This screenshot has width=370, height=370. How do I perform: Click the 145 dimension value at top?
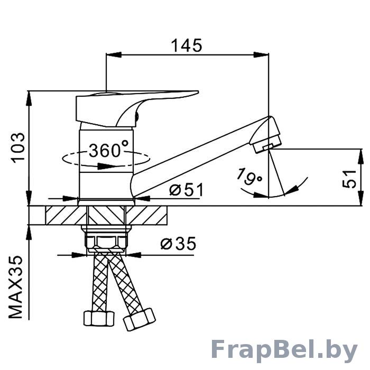[x=187, y=45]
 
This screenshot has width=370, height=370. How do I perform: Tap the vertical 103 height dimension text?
[x=18, y=147]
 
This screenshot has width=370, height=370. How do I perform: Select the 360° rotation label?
[x=109, y=149]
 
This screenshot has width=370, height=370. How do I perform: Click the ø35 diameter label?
[x=178, y=244]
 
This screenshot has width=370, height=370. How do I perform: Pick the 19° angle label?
[x=249, y=177]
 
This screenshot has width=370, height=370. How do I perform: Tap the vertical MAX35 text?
[x=16, y=287]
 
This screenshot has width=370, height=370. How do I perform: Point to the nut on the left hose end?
[x=99, y=318]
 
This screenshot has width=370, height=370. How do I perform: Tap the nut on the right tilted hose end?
[x=139, y=319]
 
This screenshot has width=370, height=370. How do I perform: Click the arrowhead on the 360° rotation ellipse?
[x=106, y=166]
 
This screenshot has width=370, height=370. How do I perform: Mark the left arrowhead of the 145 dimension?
[x=114, y=55]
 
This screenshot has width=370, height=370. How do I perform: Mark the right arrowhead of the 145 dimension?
[x=261, y=55]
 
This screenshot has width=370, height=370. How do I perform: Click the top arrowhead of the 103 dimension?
[x=29, y=99]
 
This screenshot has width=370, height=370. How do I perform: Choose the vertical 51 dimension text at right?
[x=349, y=179]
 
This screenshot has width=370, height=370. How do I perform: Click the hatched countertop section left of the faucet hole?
[x=66, y=215]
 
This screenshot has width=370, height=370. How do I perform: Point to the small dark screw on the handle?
[x=136, y=116]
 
